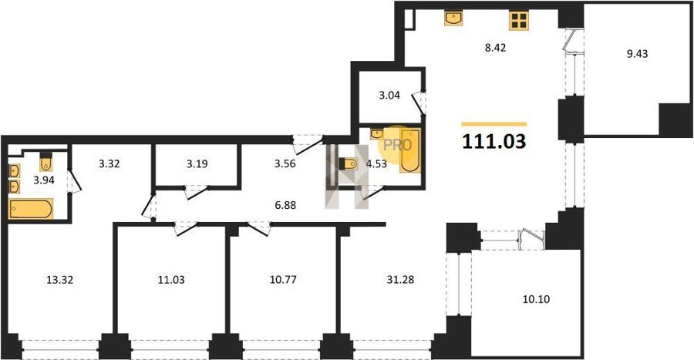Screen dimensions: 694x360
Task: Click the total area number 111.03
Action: (x=494, y=142)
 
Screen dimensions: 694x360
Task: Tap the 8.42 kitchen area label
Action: (x=495, y=48)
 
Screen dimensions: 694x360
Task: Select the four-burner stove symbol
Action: (x=519, y=20)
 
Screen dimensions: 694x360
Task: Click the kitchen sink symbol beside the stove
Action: (x=453, y=19)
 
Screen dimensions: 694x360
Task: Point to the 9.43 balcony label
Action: (x=637, y=54)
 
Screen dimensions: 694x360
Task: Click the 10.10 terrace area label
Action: (x=536, y=299)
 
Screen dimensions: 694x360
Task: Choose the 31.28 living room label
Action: (x=400, y=280)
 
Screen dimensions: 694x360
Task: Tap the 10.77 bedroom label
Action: (x=283, y=280)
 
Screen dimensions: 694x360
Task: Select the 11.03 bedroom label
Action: (x=171, y=280)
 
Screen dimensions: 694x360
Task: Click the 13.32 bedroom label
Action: (x=59, y=280)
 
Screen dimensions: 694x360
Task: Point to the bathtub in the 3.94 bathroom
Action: (x=31, y=209)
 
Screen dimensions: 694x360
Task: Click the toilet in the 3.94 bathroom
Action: (x=46, y=162)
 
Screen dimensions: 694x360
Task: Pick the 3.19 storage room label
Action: (x=197, y=164)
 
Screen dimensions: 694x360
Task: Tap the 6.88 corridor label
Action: (x=285, y=206)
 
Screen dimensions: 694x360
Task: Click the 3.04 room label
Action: (x=389, y=96)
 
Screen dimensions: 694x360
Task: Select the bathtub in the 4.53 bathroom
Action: (x=410, y=151)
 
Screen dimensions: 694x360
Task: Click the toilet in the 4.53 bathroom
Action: (x=348, y=163)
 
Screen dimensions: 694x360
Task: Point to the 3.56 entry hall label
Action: (x=285, y=164)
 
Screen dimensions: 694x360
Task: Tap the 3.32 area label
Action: (x=109, y=164)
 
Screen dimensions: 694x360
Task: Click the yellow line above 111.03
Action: (x=494, y=124)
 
